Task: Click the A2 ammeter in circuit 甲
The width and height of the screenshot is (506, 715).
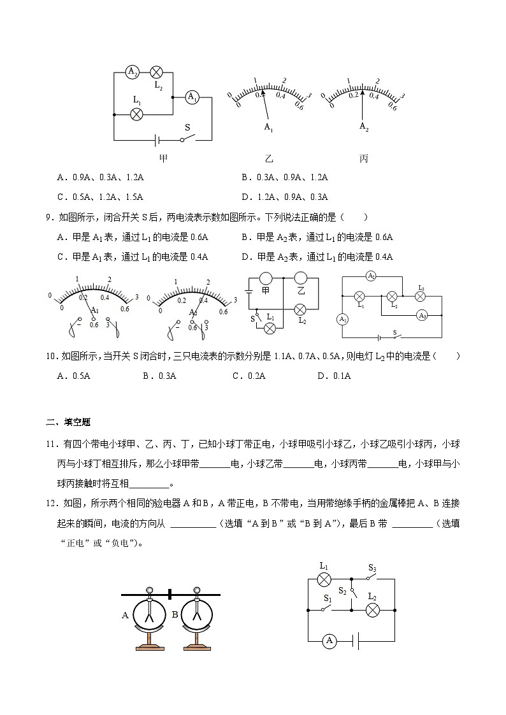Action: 132,72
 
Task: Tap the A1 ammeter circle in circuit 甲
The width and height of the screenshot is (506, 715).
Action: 191,97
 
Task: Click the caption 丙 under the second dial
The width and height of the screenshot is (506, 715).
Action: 363,159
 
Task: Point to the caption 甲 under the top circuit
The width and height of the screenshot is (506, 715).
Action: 163,159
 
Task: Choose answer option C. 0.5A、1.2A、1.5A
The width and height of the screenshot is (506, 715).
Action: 100,197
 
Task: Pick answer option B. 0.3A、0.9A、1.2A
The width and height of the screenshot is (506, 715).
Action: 285,178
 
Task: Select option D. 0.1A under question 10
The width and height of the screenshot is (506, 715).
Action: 334,376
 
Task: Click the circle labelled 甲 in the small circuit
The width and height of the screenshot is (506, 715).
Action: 265,278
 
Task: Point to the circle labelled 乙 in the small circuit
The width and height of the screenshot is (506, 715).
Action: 301,278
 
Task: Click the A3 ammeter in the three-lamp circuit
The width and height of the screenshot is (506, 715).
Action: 421,315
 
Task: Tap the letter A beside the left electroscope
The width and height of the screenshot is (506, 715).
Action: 125,615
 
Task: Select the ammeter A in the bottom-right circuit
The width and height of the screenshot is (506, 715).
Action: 329,641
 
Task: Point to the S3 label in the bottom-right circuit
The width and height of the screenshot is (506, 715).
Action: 373,568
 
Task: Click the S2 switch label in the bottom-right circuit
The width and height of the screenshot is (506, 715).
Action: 343,590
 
